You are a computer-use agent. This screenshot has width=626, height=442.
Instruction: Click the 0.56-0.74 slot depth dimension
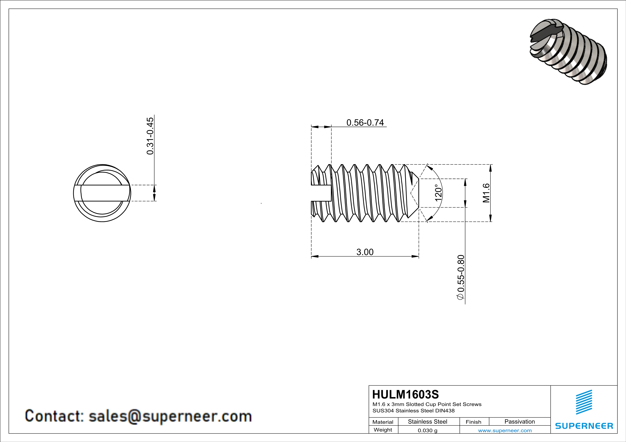point(365,123)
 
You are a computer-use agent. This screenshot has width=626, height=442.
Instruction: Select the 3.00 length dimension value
point(365,252)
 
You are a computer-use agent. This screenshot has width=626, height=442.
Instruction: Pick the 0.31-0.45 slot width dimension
point(150,136)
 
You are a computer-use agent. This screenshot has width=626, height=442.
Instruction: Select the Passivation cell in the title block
point(520,422)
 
